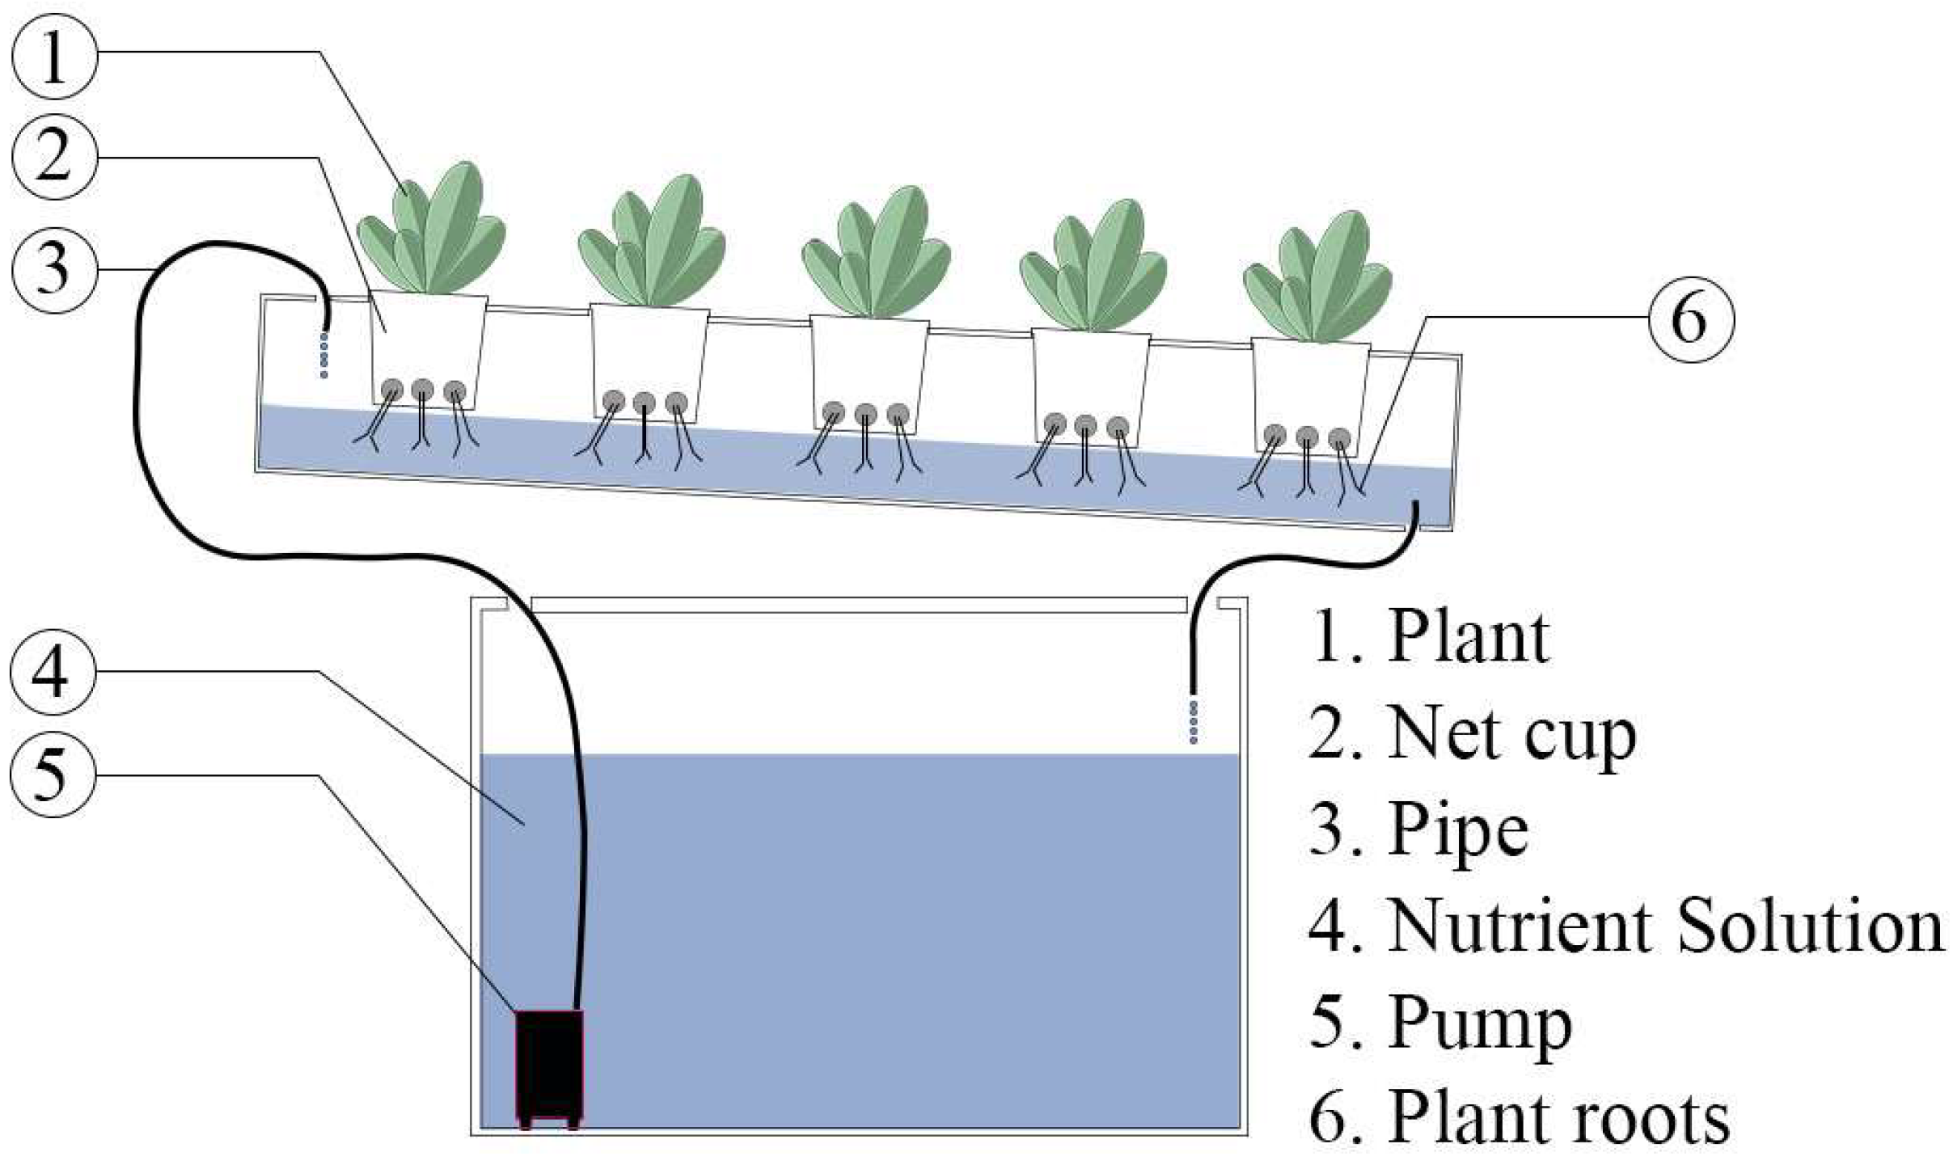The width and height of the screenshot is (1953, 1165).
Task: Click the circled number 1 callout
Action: [54, 57]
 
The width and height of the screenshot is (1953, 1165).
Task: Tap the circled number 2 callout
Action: [54, 157]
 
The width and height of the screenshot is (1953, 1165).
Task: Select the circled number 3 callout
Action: [54, 269]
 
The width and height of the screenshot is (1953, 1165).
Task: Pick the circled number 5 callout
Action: [53, 774]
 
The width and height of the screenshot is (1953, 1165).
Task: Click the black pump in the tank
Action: [549, 1067]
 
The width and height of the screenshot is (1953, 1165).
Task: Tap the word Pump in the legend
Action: [1480, 1023]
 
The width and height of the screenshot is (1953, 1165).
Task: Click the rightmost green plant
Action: [1317, 279]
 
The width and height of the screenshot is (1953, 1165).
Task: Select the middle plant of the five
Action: [876, 255]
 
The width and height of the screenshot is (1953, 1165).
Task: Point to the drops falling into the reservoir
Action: [1194, 722]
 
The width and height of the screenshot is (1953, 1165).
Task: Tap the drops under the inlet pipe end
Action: [324, 354]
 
